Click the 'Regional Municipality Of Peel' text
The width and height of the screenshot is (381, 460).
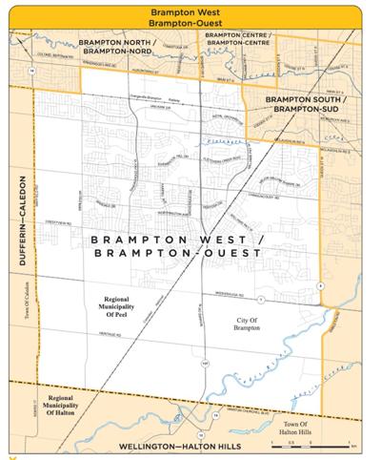click(x=123, y=304)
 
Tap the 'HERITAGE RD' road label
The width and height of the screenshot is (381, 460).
click(x=112, y=334)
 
